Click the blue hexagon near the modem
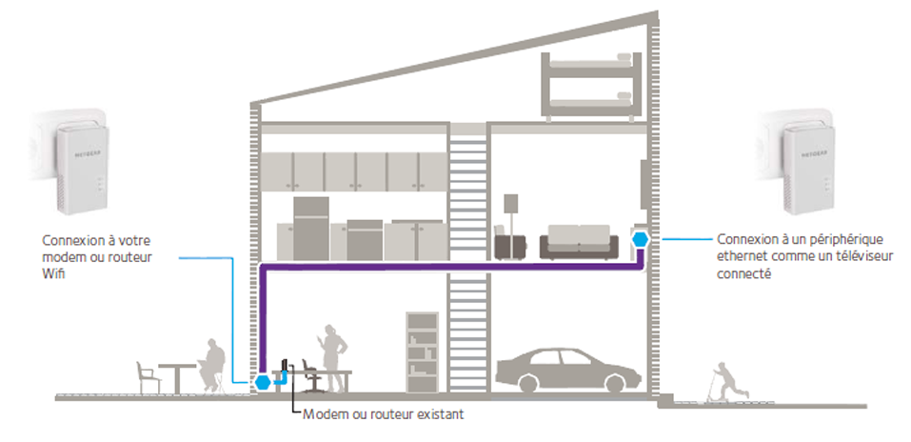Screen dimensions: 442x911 [x=262, y=382]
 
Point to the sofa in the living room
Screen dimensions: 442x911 [x=576, y=242]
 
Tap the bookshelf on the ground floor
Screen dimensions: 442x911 [x=421, y=350]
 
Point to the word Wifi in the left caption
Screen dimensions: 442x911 [x=53, y=272]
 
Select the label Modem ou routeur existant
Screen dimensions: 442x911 [x=383, y=415]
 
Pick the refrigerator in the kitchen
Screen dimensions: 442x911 [x=310, y=228]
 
